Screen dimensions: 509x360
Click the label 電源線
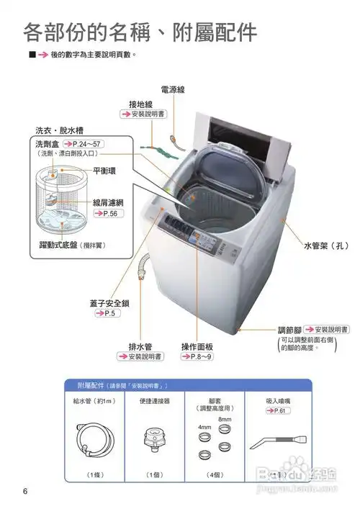tap(173, 90)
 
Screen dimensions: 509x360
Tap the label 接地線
tap(141, 104)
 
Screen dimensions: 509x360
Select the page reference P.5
tap(109, 314)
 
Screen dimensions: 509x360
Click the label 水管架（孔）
tap(325, 246)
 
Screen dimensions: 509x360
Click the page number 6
tap(25, 492)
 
